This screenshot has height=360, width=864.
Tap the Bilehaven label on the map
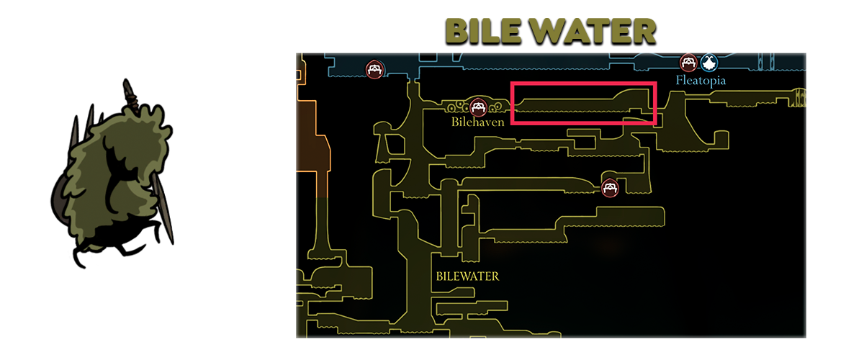click(478, 122)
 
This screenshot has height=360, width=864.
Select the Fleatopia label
click(701, 80)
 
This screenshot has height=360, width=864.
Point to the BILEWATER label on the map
click(467, 276)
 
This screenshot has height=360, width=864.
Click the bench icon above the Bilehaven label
click(478, 107)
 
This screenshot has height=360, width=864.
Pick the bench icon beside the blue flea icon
click(688, 63)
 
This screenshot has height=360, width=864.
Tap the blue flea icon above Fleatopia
click(708, 63)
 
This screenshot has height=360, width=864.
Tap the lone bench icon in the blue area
click(374, 69)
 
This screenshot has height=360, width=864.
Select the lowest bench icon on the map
click(610, 189)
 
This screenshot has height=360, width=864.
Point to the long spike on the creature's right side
click(164, 208)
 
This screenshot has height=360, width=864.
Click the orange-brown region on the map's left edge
click(312, 150)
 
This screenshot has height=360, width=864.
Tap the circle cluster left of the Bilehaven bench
click(457, 107)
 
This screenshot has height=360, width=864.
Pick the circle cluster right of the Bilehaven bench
click(495, 107)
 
